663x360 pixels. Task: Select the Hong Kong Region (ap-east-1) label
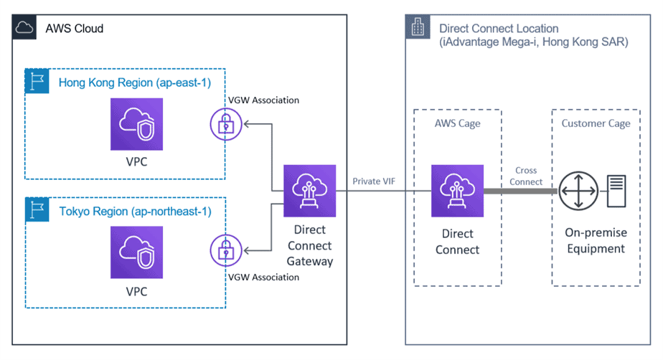134,82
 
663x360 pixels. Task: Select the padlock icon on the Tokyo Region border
225,251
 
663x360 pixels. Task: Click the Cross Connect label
525,176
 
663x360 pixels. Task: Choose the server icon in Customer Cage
617,191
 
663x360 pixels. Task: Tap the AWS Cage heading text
457,123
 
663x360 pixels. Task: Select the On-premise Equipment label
596,241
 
